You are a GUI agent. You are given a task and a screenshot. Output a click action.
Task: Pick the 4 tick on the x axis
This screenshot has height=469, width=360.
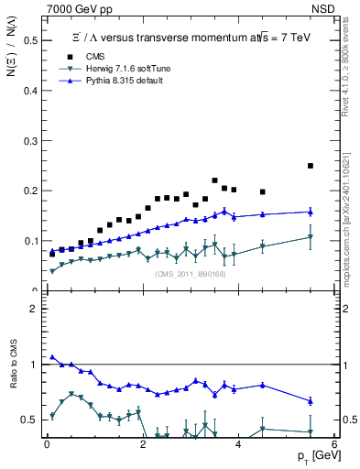tap(238, 443)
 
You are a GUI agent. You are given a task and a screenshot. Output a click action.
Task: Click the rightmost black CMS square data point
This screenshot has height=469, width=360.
tap(311, 166)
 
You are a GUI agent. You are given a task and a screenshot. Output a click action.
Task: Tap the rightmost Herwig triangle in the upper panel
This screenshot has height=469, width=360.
tap(311, 237)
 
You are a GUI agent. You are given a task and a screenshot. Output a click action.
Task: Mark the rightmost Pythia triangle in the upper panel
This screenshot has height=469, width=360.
tap(311, 212)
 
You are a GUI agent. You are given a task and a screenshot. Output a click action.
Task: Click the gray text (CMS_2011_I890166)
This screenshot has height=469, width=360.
tap(190, 274)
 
